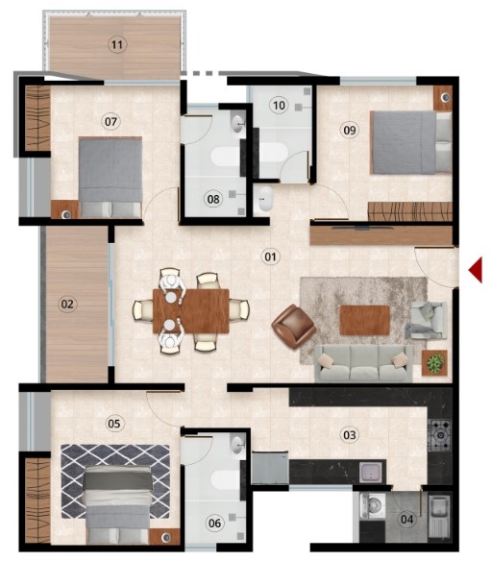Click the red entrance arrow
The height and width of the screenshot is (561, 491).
(x=477, y=271)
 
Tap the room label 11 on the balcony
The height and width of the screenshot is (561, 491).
(x=117, y=45)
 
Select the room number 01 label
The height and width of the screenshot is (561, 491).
(x=270, y=256)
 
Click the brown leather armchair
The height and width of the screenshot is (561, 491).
(x=294, y=327)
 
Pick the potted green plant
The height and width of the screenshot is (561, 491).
(x=435, y=363)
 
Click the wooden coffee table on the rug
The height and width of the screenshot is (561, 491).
(x=365, y=320)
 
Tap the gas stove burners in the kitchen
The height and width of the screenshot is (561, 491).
(x=440, y=435)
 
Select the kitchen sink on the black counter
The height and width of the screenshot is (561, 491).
(x=372, y=472)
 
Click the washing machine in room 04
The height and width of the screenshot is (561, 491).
(x=373, y=506)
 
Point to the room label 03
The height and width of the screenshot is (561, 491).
(x=350, y=435)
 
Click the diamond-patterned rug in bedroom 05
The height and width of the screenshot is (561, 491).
(x=115, y=481)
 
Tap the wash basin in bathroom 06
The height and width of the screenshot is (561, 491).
(x=237, y=445)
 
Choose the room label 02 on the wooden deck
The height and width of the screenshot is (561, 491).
(x=67, y=305)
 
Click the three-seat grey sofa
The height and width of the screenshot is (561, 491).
(x=363, y=363)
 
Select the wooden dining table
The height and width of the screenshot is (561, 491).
(x=191, y=311)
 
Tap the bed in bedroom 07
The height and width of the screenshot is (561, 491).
(x=110, y=178)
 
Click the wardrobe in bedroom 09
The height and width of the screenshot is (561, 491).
(x=410, y=211)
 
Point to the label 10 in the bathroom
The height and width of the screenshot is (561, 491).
(x=279, y=106)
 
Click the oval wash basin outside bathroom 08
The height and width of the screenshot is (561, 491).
(x=265, y=199)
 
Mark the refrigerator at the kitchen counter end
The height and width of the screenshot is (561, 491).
(x=270, y=468)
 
